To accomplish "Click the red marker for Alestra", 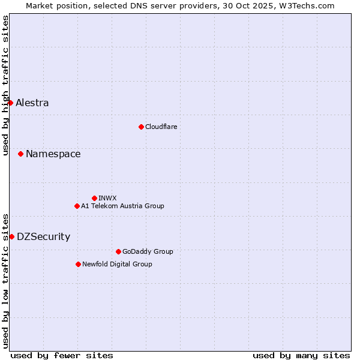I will coord(10,103).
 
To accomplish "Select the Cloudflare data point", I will coord(141,127).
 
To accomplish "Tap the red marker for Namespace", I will coord(20,154).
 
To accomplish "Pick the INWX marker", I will coord(94,198).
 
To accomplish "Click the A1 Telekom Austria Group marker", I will coord(77,206).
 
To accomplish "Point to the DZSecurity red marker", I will coord(11,236).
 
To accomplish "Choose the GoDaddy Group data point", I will coord(118,251).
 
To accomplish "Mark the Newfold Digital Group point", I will coord(78,264).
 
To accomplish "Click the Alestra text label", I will coord(32,103).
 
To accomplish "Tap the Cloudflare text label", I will coord(161,127).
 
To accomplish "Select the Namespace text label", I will coord(53,154).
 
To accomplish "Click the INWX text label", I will coord(107,198).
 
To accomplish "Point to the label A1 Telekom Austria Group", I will coord(122,206).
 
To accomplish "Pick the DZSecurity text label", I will coord(43,236).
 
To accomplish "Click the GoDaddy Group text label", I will coord(148,251).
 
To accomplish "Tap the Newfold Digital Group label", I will coord(117,264).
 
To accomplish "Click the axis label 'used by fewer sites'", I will coord(62,355).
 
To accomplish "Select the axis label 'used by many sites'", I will coord(301,355).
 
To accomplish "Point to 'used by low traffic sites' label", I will coord(5,281).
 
